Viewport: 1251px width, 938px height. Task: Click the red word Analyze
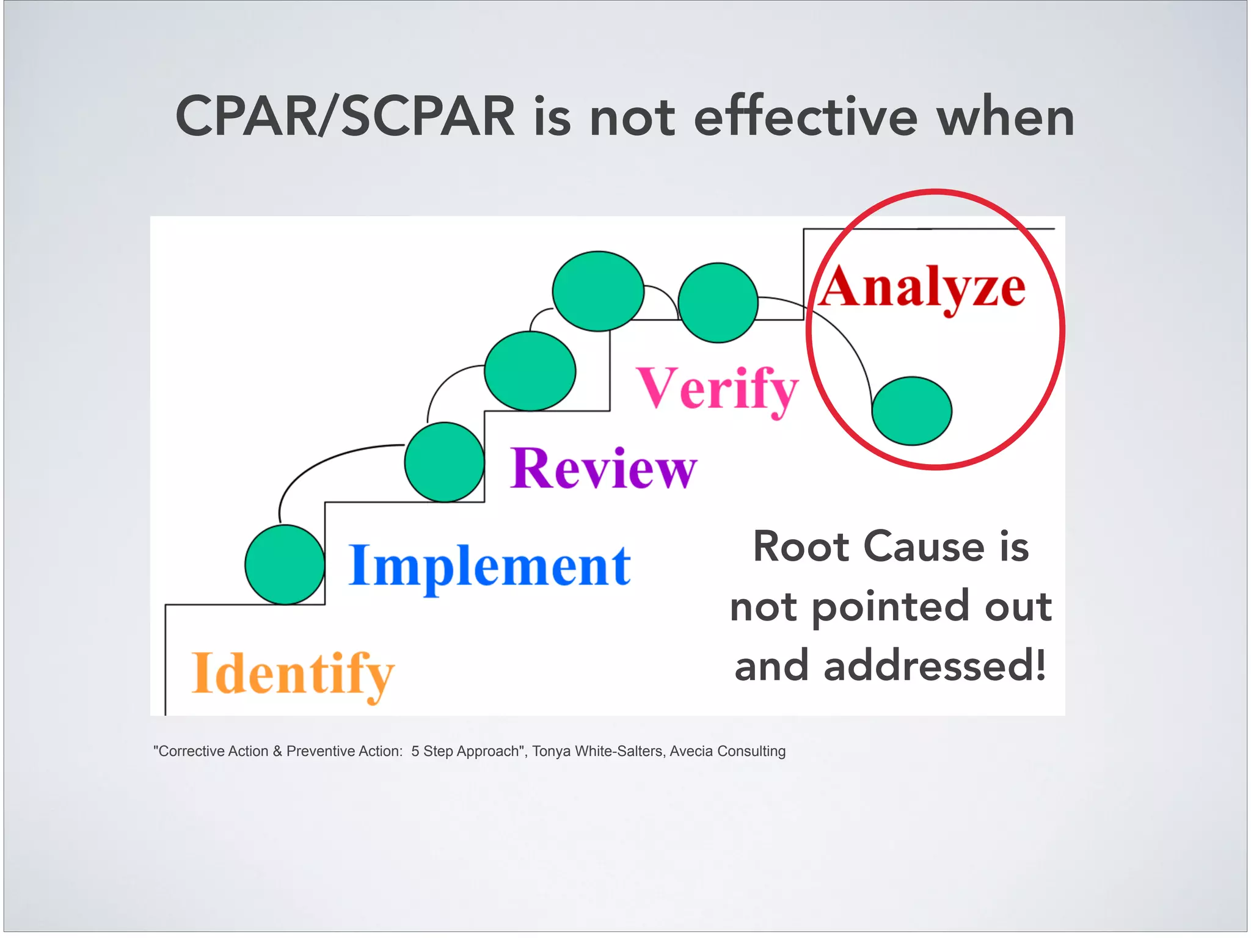[922, 287]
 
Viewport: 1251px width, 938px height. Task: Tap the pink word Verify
[717, 388]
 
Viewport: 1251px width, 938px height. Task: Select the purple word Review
[603, 469]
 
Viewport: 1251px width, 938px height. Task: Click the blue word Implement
[489, 566]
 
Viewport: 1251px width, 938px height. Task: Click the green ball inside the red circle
[911, 411]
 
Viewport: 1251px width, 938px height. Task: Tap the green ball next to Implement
[285, 565]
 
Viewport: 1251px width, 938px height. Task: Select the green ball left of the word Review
[445, 462]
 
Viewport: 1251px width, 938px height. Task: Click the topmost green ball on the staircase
[598, 291]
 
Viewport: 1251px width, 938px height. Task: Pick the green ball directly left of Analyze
[718, 303]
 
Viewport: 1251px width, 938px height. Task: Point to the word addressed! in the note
[935, 666]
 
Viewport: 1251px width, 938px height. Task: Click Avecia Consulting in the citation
[727, 751]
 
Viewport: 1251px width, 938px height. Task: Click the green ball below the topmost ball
[530, 371]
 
